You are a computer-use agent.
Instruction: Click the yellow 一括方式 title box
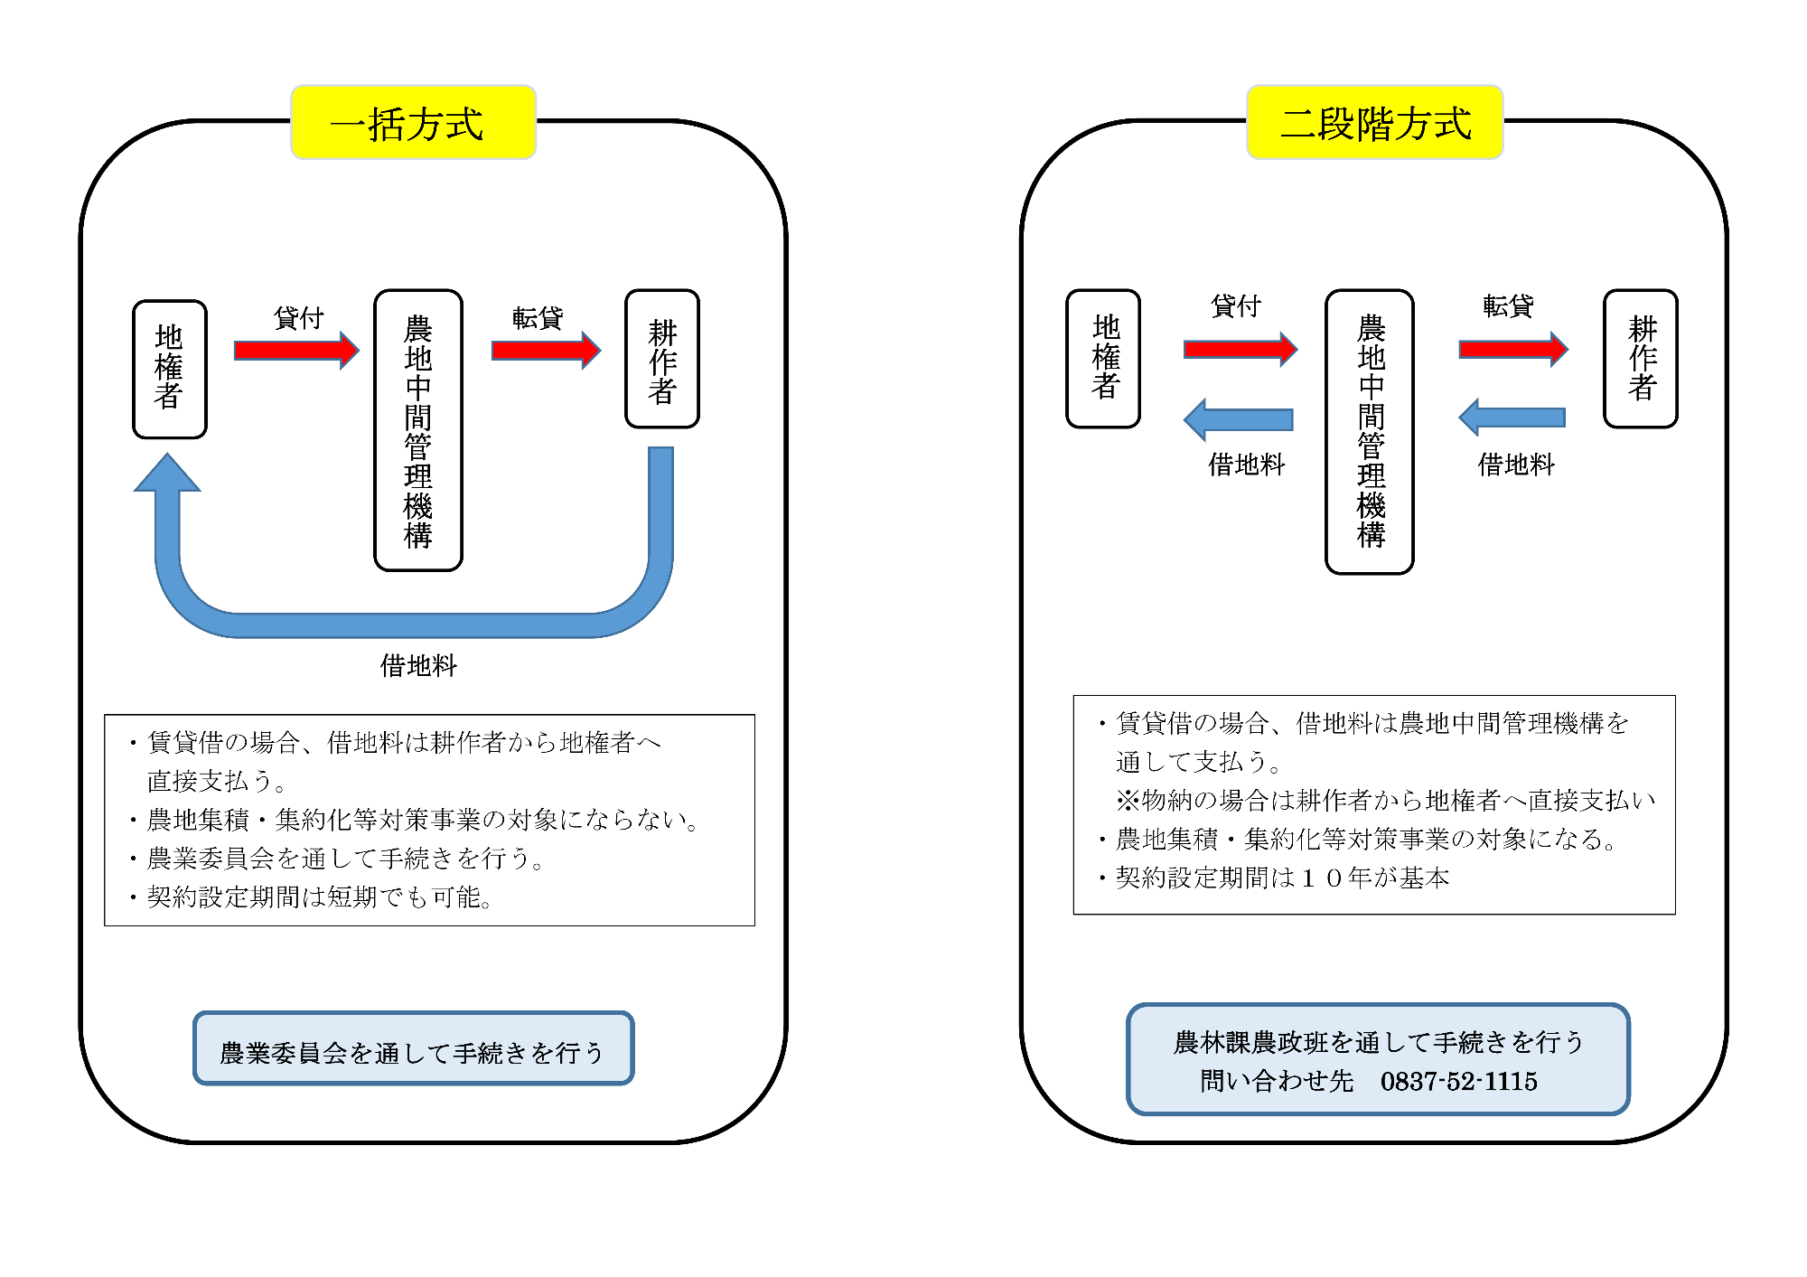pyautogui.click(x=413, y=122)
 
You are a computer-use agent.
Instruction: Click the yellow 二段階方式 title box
pyautogui.click(x=1374, y=122)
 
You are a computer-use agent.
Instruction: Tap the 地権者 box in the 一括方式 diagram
pyautogui.click(x=170, y=369)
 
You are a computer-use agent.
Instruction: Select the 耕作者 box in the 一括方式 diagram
pyautogui.click(x=662, y=359)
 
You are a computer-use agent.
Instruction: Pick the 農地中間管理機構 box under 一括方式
pyautogui.click(x=418, y=430)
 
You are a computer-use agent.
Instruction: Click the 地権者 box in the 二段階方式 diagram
pyautogui.click(x=1103, y=359)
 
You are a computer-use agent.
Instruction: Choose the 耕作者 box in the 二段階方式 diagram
pyautogui.click(x=1641, y=359)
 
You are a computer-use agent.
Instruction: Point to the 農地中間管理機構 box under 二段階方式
pyautogui.click(x=1370, y=431)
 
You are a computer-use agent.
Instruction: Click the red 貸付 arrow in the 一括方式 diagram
pyautogui.click(x=296, y=351)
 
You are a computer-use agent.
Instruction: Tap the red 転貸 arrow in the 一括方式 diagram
pyautogui.click(x=547, y=351)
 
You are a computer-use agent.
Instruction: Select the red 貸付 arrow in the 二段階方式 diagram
pyautogui.click(x=1241, y=349)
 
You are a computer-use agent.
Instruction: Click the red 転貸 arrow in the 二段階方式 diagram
pyautogui.click(x=1513, y=349)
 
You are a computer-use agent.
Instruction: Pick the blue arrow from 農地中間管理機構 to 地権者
pyautogui.click(x=1239, y=419)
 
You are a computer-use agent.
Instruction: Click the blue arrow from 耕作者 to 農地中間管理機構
pyautogui.click(x=1512, y=418)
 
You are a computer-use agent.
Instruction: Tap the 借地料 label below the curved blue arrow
pyautogui.click(x=418, y=666)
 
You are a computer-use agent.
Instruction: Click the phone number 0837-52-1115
pyautogui.click(x=1458, y=1081)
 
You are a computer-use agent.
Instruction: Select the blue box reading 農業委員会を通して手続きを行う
pyautogui.click(x=414, y=1048)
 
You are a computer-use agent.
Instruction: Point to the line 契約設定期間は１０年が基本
pyautogui.click(x=1282, y=878)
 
